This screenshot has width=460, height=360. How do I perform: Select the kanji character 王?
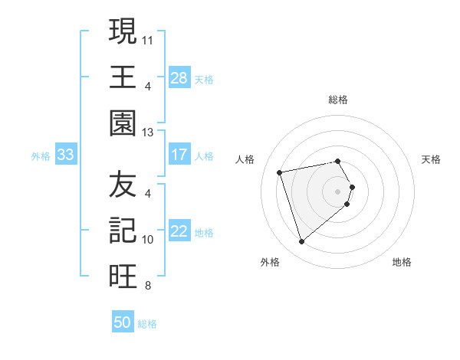tap(123, 77)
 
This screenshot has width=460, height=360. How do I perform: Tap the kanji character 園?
tap(123, 123)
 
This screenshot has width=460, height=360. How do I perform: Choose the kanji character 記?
tap(123, 231)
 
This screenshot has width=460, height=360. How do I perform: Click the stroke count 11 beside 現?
tap(148, 38)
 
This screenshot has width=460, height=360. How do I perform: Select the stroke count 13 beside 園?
tap(148, 132)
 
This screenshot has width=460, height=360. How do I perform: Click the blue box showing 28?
tap(179, 77)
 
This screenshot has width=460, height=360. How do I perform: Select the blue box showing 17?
tap(179, 155)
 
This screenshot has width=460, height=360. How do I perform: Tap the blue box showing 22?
tap(179, 232)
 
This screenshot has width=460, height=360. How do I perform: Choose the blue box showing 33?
tap(66, 155)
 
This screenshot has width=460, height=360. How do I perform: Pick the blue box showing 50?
tap(123, 322)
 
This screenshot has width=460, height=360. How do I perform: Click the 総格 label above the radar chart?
tap(337, 100)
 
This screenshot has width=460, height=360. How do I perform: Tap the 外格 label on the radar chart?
tap(270, 263)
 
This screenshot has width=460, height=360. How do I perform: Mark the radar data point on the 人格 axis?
tap(280, 172)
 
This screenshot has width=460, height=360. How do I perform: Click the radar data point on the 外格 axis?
tap(301, 242)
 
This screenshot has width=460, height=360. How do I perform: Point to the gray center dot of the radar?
tap(338, 191)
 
